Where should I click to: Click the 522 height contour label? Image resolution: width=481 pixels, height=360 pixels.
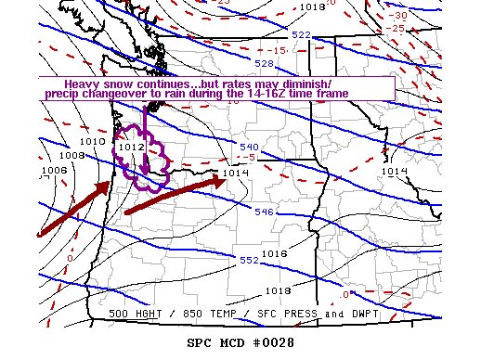(302, 34)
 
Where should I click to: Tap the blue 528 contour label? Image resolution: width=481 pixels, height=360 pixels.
(265, 64)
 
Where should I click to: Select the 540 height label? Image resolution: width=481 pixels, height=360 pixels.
(249, 148)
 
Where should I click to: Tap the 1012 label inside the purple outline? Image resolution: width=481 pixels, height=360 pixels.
(131, 147)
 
